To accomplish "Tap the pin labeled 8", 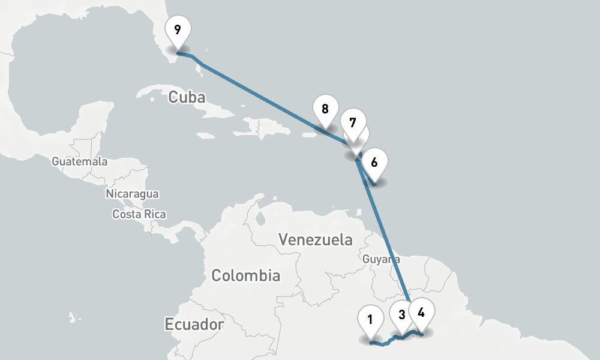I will [x=325, y=110].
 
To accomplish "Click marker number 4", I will [x=421, y=313].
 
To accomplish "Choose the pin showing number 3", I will [x=401, y=314].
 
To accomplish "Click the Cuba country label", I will [x=187, y=97].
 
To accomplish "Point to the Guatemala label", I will [x=79, y=161].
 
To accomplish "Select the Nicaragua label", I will [x=132, y=194].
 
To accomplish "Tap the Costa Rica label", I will [x=139, y=214].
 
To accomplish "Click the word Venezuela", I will [x=316, y=241].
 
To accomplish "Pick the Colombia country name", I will [x=245, y=276].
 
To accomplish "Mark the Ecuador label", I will [x=194, y=325].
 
